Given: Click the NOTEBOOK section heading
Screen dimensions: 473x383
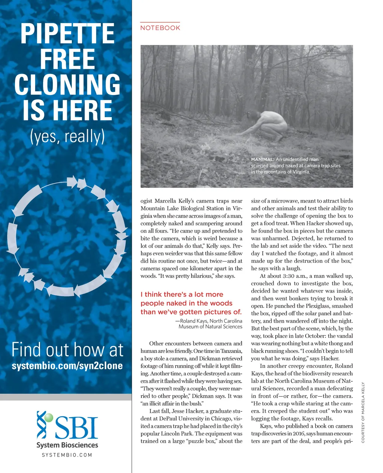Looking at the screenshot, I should [160, 28].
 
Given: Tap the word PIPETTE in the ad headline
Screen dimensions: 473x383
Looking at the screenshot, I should [67, 34].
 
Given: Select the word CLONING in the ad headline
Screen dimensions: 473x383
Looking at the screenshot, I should [67, 85].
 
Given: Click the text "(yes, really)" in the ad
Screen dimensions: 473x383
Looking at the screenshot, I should [67, 136].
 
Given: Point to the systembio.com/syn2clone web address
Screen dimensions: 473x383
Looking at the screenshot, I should [67, 366].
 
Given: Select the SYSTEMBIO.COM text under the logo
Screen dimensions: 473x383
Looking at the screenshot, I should [67, 455].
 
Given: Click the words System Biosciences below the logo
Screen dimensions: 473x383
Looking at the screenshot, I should [67, 445].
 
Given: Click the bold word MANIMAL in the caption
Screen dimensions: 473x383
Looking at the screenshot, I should [263, 159].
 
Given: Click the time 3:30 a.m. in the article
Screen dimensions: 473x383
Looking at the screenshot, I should [291, 276].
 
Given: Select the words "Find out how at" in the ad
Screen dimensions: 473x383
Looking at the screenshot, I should [67, 350].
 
